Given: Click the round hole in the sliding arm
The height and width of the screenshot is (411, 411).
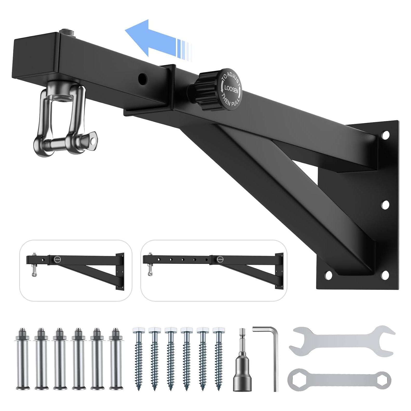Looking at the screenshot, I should click(142, 78).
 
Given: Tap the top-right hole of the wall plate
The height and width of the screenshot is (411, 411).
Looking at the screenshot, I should click(386, 134).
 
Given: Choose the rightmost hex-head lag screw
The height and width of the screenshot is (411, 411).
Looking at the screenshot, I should click(218, 358).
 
